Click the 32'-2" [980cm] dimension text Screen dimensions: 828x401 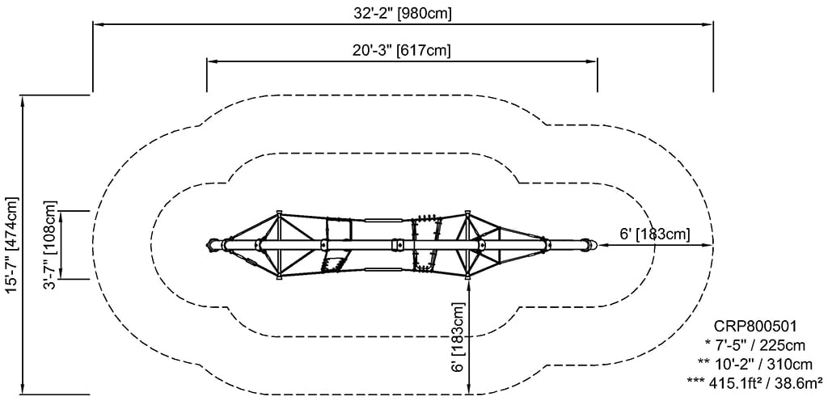(x=403, y=14)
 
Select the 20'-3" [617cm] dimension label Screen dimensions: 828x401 (x=402, y=51)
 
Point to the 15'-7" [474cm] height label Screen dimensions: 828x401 (x=11, y=244)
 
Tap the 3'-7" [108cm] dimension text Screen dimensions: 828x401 (x=50, y=245)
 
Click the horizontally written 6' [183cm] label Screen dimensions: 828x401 (x=654, y=234)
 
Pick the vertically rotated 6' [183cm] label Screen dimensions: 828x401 (x=458, y=336)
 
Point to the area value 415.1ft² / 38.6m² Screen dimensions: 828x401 (x=754, y=383)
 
